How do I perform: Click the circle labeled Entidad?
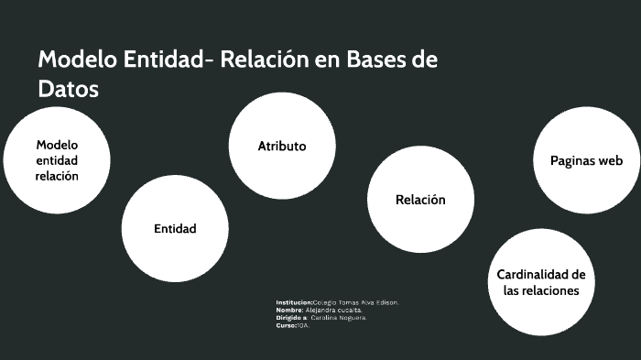[175, 228]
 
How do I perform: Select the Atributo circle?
[281, 146]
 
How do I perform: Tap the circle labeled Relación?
[420, 199]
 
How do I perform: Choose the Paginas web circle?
[586, 160]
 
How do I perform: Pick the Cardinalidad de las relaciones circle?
[540, 282]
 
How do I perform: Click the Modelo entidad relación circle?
[57, 160]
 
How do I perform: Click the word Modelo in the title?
[76, 60]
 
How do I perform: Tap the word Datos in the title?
[68, 90]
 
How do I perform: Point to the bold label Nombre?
[289, 310]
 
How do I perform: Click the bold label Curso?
[286, 325]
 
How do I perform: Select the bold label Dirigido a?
[291, 317]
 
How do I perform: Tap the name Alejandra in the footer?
[321, 310]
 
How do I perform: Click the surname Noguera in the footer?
[353, 317]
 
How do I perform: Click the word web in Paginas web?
[610, 160]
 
